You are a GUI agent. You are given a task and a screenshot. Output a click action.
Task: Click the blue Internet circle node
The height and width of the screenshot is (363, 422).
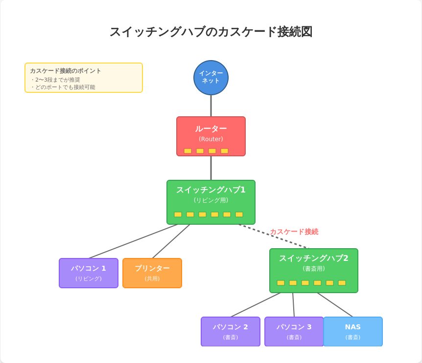coord(211,77)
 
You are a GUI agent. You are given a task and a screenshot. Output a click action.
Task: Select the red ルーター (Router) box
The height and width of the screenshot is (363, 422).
coord(211,136)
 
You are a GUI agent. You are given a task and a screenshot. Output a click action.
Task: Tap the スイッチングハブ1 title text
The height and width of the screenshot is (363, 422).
coord(211,190)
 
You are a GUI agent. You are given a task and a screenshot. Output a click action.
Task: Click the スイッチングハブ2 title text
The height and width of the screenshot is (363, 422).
coord(313,258)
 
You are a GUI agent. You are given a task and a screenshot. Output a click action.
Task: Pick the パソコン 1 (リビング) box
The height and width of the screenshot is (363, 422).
coord(89,273)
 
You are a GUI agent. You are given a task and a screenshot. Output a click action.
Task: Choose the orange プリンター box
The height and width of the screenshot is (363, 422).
coord(152,273)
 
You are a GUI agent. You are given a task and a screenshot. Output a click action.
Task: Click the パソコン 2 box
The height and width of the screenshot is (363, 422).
coord(231,331)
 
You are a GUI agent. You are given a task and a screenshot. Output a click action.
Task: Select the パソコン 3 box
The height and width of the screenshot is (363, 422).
coord(294,331)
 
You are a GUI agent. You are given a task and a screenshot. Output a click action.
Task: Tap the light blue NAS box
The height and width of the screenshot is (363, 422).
coord(353,331)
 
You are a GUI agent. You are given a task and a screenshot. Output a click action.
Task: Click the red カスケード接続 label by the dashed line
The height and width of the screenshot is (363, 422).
coord(294,232)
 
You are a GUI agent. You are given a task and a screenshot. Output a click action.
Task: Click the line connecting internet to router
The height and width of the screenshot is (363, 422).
coord(211,106)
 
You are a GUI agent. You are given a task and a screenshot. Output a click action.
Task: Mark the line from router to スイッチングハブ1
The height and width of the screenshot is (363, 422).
coord(211,168)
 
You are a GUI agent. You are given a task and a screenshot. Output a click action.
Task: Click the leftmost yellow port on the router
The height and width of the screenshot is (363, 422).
coord(188,151)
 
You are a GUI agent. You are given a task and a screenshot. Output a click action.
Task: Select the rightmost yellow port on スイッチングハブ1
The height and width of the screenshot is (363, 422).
coord(239,214)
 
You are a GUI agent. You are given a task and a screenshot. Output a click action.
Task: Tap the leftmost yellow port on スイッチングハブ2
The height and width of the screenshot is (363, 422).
coord(281,283)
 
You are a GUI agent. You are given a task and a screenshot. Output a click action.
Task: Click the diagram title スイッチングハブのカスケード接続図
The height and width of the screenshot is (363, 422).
coord(211,32)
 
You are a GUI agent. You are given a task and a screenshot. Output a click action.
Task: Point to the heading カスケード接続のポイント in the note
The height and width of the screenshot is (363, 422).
coord(66,71)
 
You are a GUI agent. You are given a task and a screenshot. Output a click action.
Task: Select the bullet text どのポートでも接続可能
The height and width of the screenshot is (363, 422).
coord(65,87)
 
